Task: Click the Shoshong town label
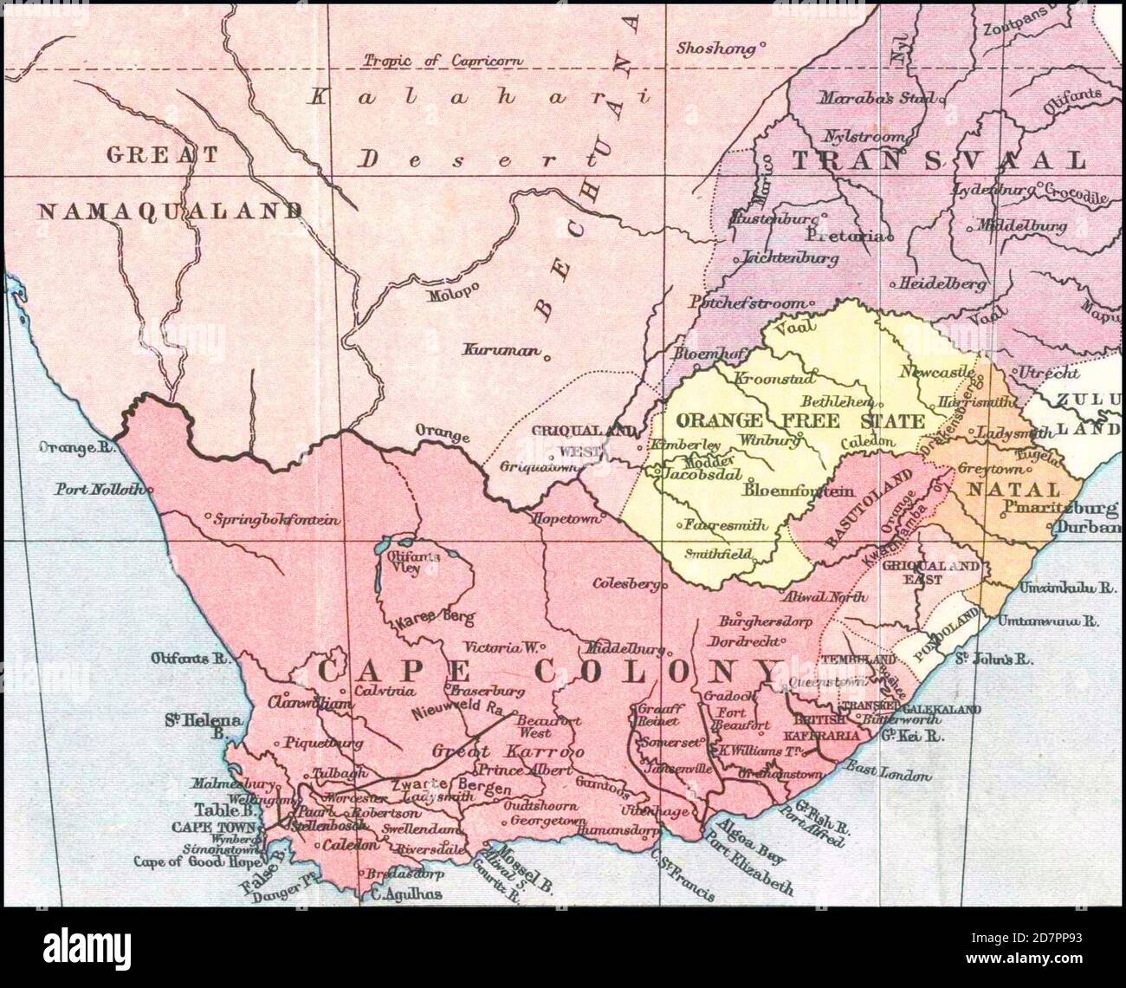pos(716,48)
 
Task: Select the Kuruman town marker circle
pos(547,354)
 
